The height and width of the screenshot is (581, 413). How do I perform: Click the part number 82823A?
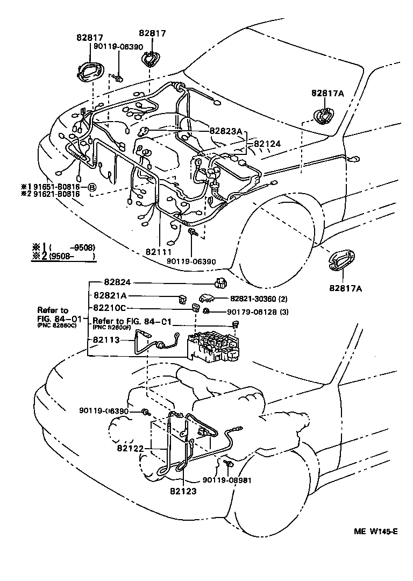point(226,131)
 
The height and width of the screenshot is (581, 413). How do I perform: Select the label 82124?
point(267,144)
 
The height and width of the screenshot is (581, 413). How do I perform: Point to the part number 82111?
point(159,251)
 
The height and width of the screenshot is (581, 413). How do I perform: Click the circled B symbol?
point(92,188)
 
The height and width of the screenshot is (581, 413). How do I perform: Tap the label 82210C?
point(110,308)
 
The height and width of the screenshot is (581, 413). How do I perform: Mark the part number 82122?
point(128,447)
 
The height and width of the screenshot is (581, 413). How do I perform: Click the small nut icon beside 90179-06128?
point(206,312)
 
